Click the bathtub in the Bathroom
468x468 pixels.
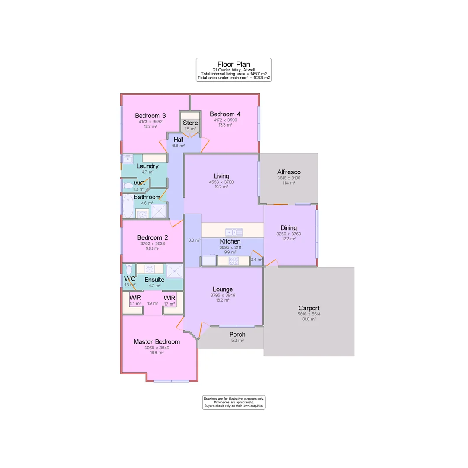[128, 206]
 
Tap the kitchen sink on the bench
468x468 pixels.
[234, 232]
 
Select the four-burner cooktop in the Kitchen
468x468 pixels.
[234, 261]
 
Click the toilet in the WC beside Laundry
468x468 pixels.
[128, 186]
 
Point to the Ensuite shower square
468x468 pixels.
[174, 271]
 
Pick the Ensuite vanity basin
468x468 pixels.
[149, 269]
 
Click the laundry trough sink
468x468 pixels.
[128, 159]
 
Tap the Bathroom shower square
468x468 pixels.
[159, 211]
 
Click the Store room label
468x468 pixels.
[190, 123]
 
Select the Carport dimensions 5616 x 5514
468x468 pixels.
[309, 314]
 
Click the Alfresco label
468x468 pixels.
[289, 172]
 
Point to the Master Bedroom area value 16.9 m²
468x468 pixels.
[156, 353]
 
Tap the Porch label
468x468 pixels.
[237, 334]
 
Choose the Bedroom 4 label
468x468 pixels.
[225, 114]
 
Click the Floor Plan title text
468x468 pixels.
[234, 64]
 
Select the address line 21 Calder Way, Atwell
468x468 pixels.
[234, 70]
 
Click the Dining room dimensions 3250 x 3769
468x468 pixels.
[289, 234]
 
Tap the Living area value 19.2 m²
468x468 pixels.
[221, 187]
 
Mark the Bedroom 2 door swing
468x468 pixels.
[176, 223]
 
